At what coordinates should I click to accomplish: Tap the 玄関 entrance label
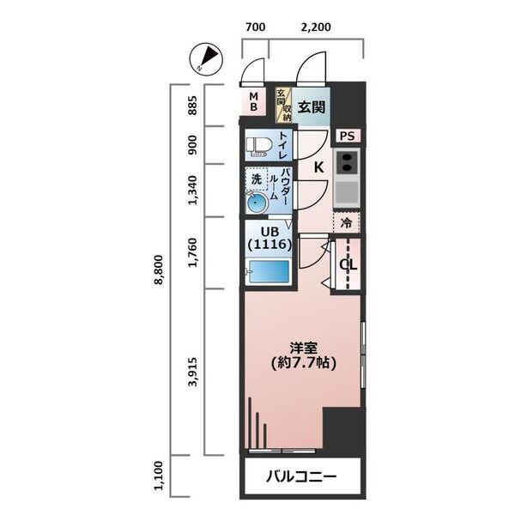tap(312, 106)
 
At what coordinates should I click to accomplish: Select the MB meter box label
tap(253, 102)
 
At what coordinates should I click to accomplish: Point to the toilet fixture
tap(258, 145)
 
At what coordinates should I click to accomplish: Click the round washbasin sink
tap(257, 203)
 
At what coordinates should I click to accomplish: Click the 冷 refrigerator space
tap(347, 221)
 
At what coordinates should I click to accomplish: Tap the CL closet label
tap(348, 264)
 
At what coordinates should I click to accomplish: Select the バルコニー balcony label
tap(300, 476)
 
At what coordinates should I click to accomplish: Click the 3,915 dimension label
tap(194, 372)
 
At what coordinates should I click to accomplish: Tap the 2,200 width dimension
tap(316, 27)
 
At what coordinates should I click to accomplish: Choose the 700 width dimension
tap(255, 27)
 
